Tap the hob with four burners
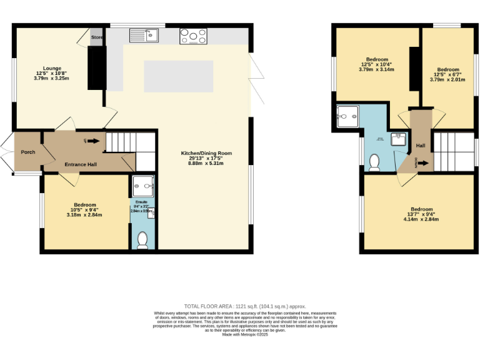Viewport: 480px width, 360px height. [x=193, y=37]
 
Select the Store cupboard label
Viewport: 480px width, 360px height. [x=97, y=37]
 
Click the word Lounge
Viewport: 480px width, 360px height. [x=52, y=68]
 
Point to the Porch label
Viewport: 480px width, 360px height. [x=28, y=152]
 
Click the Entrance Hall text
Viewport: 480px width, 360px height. [x=81, y=164]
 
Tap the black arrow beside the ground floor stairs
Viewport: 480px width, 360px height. [x=94, y=141]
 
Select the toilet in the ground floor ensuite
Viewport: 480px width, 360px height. [x=142, y=239]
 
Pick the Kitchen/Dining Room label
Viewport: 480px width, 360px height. [x=206, y=153]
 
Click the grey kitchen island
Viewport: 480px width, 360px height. [x=178, y=76]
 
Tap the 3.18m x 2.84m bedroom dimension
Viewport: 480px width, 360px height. [x=84, y=215]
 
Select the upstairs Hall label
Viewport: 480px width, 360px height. [x=421, y=146]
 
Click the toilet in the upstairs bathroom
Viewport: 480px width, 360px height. [x=375, y=162]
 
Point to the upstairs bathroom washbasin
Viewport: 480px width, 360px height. [x=398, y=139]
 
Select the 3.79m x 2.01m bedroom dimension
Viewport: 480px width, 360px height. [x=447, y=80]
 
